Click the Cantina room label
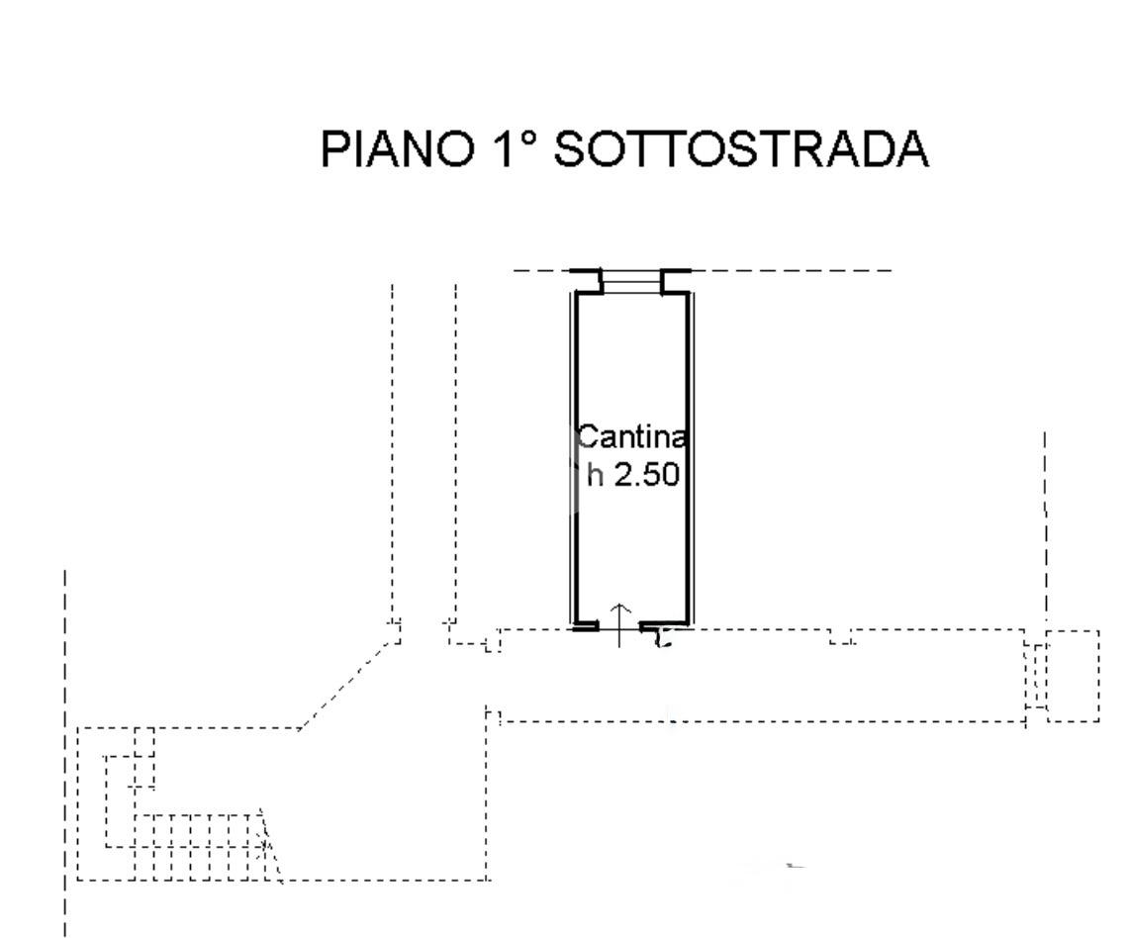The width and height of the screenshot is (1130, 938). [x=631, y=436]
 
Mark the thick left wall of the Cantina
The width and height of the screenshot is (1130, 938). [x=574, y=455]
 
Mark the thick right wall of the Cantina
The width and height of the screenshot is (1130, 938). [x=688, y=455]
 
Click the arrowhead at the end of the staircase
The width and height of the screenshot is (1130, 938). [x=268, y=846]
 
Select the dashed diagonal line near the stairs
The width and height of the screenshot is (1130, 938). [x=346, y=683]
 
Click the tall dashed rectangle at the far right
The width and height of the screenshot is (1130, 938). [x=1073, y=675]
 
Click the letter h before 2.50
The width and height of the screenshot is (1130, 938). [x=594, y=475]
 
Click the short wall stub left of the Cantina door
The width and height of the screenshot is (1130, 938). [x=586, y=626]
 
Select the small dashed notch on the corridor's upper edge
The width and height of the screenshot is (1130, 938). [x=841, y=637]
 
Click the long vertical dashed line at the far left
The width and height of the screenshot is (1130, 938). [x=65, y=752]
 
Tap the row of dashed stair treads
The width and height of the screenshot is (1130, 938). [x=198, y=846]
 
